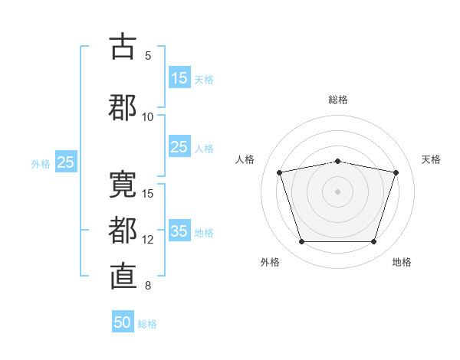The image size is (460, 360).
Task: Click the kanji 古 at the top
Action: click(123, 46)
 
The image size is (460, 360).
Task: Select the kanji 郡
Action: click(123, 107)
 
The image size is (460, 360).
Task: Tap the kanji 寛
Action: click(123, 185)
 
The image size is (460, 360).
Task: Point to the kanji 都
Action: click(123, 231)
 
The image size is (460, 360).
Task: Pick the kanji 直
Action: click(123, 277)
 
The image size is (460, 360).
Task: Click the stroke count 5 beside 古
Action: click(148, 56)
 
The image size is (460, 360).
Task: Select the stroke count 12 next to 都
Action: click(147, 240)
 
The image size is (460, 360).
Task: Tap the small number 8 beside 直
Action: click(148, 286)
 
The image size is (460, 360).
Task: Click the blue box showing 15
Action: click(179, 77)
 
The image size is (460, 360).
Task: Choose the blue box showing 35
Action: click(179, 230)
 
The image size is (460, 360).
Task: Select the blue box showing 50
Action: click(123, 321)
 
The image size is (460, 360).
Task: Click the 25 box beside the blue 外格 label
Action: click(66, 162)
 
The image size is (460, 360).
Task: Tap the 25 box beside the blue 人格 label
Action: click(179, 146)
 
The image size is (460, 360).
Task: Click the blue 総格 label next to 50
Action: click(147, 324)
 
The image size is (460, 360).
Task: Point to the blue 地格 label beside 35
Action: click(204, 233)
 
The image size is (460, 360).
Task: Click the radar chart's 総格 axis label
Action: click(338, 100)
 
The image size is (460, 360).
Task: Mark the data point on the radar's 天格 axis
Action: click(396, 172)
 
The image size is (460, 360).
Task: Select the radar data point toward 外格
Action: click(302, 241)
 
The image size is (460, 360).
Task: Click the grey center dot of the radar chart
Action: click(337, 191)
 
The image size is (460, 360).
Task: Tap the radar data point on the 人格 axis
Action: click(280, 172)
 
